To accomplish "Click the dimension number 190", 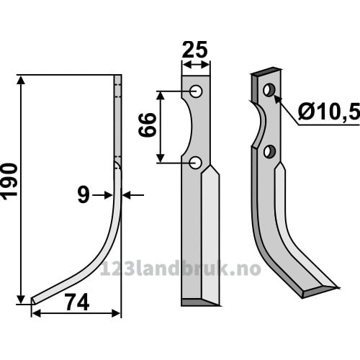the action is pos(9,181).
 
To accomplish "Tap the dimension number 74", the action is pos(77,303).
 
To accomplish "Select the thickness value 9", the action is pos(84,195).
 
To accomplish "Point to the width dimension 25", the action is pos(194,50).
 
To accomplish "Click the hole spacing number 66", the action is pos(148,125).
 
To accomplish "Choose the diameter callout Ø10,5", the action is pos(329,112).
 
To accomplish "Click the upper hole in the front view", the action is pos(196,91).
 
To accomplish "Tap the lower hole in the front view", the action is pos(196,163).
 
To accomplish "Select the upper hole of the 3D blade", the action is pos(269,90).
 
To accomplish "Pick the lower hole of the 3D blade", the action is pos(269,151).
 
